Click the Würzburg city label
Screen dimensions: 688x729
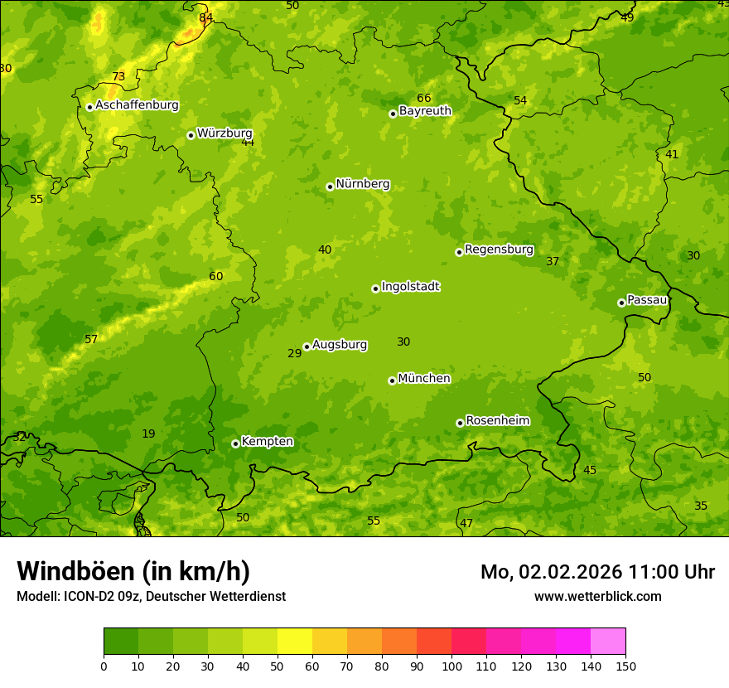coord(224,133)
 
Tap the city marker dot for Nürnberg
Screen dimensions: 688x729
coord(330,187)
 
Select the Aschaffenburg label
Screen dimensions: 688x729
coord(137,105)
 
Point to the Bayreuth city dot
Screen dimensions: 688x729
coord(393,114)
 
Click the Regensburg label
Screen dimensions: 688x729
coord(499,250)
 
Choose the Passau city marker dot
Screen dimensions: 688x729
coord(621,303)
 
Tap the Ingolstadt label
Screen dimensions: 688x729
coord(410,287)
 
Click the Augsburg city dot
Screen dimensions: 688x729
coord(307,346)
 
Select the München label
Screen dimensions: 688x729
coord(424,379)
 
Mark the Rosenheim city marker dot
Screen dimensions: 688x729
coord(460,423)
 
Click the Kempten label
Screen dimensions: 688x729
coord(267,442)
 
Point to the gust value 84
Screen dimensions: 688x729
coord(205,17)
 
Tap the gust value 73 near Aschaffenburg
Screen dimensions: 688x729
coord(118,77)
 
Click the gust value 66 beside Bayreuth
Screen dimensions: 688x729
coord(424,99)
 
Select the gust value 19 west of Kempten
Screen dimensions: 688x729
coord(148,434)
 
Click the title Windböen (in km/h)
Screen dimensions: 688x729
coord(133,571)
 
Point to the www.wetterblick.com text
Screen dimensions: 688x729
coord(597,596)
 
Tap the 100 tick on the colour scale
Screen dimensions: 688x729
coord(451,666)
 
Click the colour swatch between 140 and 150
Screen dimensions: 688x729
coord(608,642)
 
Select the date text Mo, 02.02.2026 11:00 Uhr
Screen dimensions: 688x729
coord(597,572)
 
